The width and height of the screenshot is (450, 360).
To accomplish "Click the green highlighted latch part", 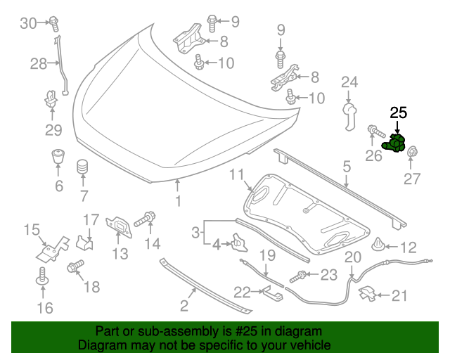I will tap(395, 143).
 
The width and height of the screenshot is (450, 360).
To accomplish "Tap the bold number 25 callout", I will tap(399, 112).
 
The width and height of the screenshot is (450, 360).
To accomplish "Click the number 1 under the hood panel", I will tap(178, 201).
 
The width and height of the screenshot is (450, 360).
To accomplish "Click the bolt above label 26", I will tap(373, 131).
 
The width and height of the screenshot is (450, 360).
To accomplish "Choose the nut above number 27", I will tap(413, 152).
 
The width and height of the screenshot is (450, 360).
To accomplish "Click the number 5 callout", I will tap(347, 167).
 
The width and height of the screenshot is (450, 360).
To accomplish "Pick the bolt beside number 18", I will tap(74, 266).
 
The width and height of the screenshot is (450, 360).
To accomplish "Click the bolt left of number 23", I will tap(299, 276).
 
